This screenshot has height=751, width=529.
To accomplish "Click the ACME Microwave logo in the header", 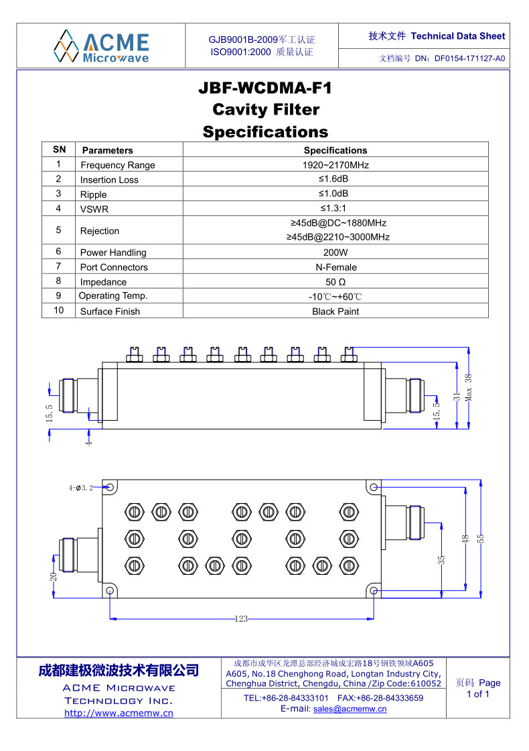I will [101, 46].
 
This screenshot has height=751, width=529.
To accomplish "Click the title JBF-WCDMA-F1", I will [265, 88].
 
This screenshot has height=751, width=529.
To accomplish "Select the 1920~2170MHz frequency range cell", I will [335, 165].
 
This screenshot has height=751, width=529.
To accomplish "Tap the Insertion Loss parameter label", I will [109, 180].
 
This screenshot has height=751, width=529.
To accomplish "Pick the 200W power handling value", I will [335, 253].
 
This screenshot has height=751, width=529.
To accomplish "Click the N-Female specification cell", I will [335, 267].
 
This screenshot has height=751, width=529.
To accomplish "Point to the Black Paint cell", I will [335, 312].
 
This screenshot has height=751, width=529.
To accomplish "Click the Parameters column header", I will [107, 150].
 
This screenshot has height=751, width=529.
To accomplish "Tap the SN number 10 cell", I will [59, 310].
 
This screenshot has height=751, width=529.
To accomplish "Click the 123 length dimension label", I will [241, 619].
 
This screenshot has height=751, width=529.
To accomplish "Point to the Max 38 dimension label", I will [469, 386].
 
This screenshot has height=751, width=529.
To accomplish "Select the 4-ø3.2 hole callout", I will [80, 488].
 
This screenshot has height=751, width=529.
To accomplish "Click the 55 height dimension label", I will [480, 538].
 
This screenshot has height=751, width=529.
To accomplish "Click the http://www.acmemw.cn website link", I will [119, 713].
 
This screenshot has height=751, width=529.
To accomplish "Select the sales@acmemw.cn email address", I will [350, 709].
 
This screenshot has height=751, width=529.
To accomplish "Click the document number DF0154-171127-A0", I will [469, 58].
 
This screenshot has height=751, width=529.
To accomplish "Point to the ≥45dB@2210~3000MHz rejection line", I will [338, 237].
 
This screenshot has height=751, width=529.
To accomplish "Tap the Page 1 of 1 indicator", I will [478, 689].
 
